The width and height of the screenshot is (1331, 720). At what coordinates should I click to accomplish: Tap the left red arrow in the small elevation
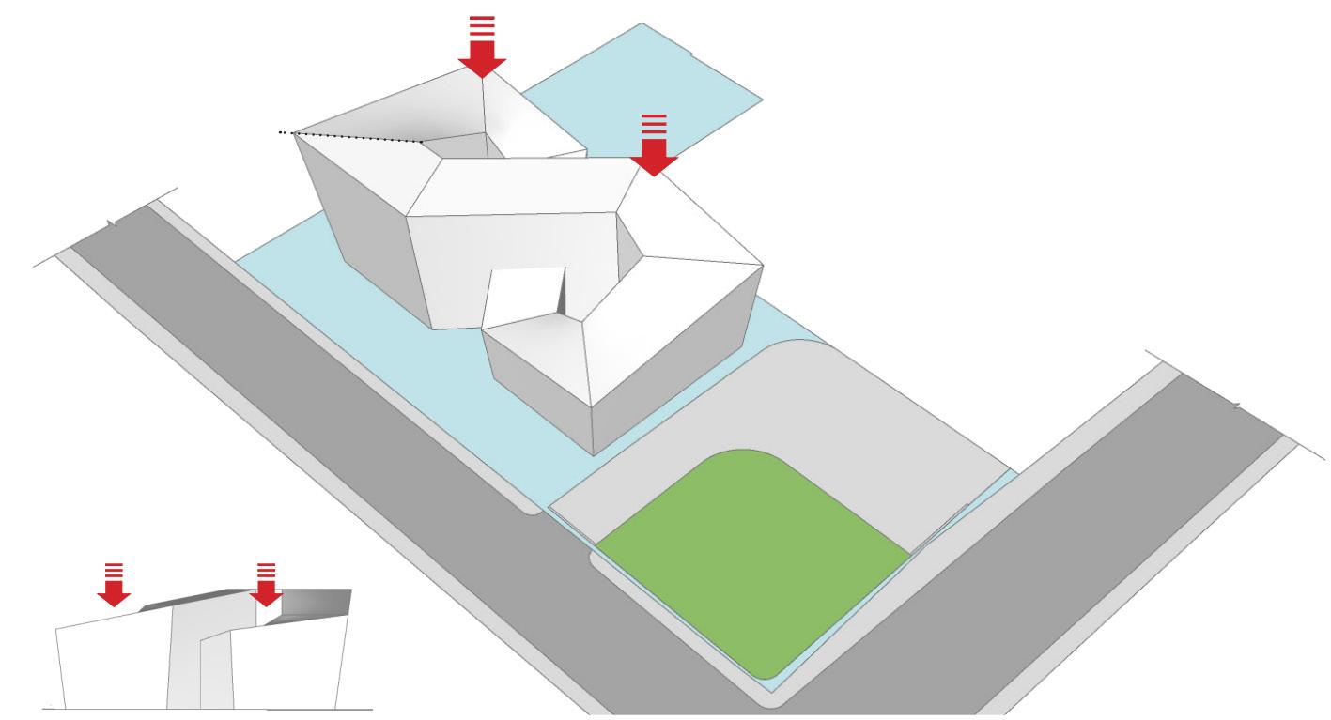[114, 590]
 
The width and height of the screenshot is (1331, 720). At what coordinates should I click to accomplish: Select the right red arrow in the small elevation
[266, 590]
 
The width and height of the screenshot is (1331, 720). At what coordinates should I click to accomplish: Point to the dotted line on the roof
[357, 138]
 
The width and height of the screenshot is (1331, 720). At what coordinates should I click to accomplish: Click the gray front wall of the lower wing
[535, 385]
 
